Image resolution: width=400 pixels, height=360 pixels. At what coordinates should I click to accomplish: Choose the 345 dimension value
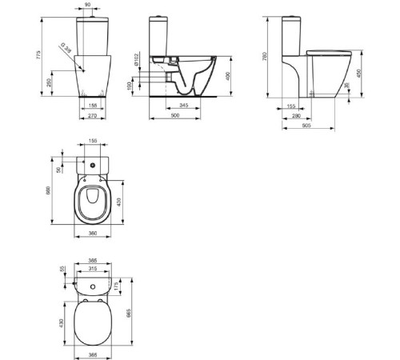pyautogui.click(x=185, y=105)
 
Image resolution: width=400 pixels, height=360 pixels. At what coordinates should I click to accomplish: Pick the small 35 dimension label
pyautogui.click(x=346, y=86)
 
